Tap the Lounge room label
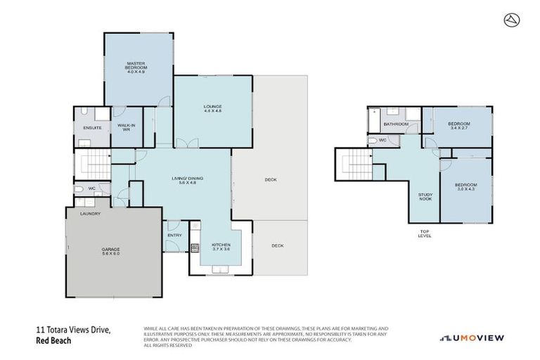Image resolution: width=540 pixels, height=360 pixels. (212, 109)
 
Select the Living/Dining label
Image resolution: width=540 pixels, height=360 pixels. (188, 180)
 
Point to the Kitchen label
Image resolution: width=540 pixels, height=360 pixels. (221, 247)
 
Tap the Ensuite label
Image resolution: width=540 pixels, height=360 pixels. (92, 127)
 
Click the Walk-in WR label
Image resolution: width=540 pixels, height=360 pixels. (126, 128)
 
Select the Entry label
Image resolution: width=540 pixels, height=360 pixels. (174, 235)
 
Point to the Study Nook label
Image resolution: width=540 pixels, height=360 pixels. (425, 197)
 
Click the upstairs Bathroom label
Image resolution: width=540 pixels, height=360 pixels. (396, 124)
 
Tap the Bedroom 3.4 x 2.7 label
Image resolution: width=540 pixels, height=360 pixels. (459, 126)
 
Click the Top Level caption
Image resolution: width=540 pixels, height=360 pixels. (425, 233)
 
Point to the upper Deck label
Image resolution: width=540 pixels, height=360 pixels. (271, 180)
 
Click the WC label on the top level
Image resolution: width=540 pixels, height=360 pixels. (382, 140)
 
